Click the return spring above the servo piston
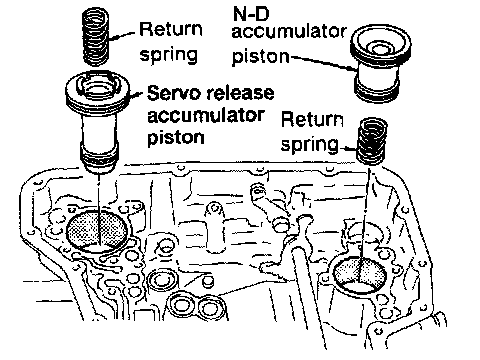(x=95, y=37)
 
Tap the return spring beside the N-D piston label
(x=372, y=141)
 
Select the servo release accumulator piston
(x=97, y=122)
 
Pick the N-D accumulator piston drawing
(x=380, y=63)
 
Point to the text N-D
(x=251, y=14)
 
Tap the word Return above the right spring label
(x=312, y=120)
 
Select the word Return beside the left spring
(x=171, y=29)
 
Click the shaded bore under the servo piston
(x=97, y=230)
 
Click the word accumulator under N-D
(x=289, y=32)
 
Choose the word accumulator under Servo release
(x=206, y=116)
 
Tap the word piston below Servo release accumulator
(x=176, y=138)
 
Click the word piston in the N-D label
(x=261, y=56)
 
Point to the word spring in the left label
(x=169, y=54)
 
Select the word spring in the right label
(x=310, y=144)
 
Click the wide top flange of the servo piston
(x=97, y=91)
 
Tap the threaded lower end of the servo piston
(x=99, y=159)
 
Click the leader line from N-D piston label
(x=322, y=63)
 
